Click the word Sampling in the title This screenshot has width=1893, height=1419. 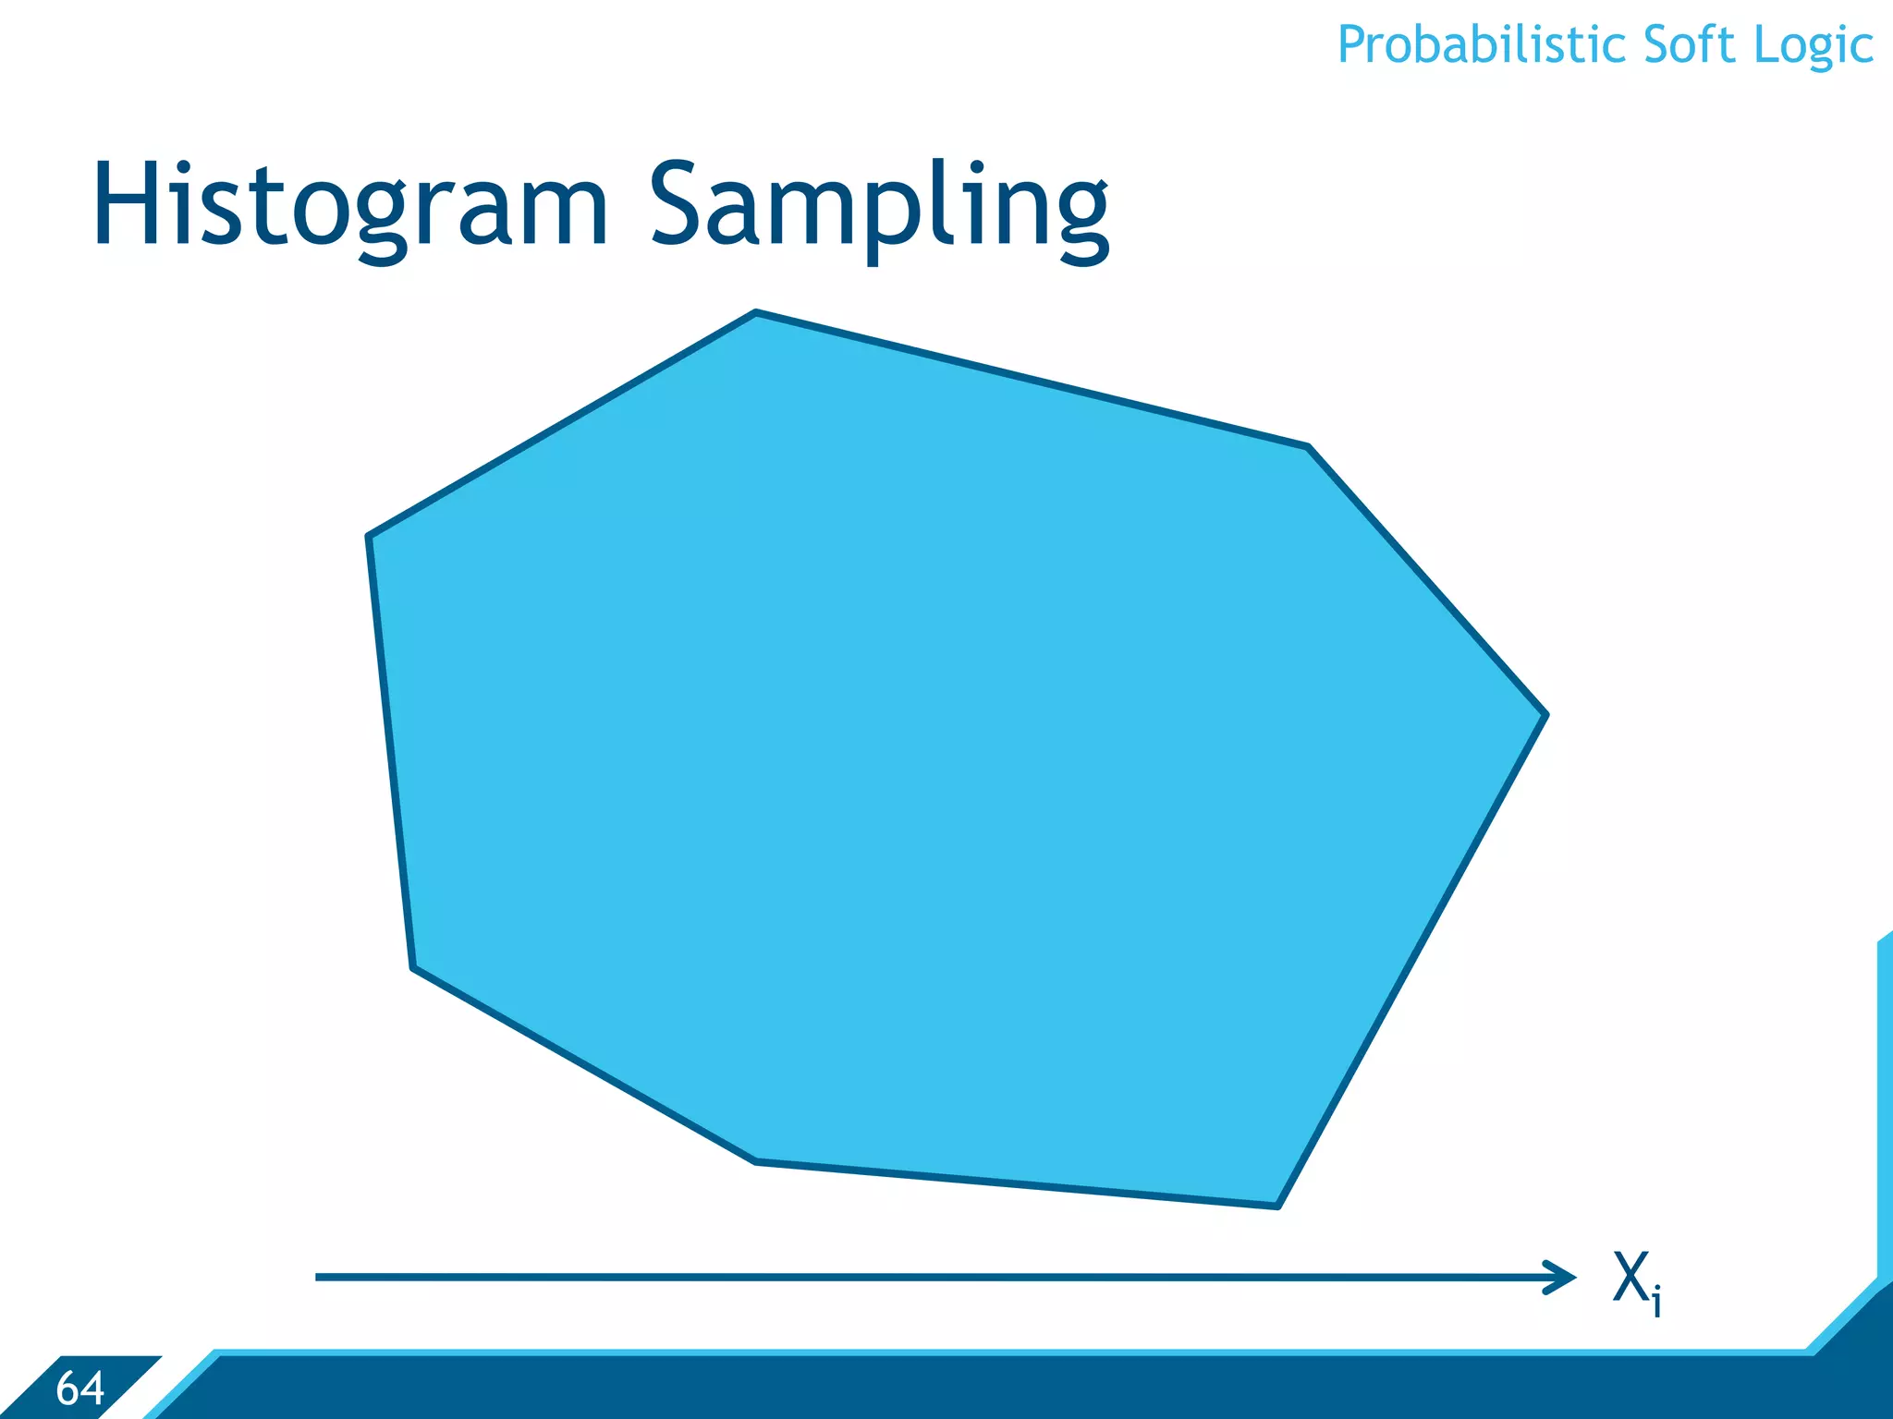tap(878, 205)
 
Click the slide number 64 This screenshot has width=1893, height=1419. tap(80, 1389)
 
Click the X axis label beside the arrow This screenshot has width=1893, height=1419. tap(1630, 1277)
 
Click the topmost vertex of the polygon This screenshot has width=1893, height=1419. tap(756, 313)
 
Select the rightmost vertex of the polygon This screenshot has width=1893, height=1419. tap(1545, 714)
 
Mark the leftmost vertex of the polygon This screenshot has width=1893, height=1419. tap(369, 536)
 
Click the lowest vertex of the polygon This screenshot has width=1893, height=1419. tap(1277, 1206)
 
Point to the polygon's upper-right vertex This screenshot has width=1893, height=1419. tap(1308, 447)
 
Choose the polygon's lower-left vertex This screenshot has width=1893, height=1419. tap(413, 967)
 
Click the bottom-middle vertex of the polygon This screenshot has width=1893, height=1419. tap(756, 1161)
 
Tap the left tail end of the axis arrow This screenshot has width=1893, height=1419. tap(319, 1278)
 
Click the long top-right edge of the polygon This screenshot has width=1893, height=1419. tap(1032, 380)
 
